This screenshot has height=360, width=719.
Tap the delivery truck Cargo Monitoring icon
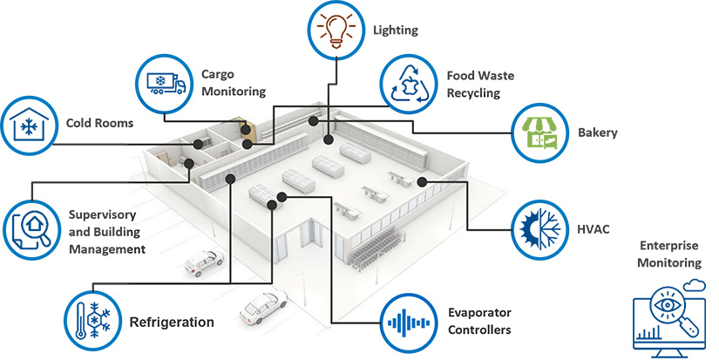(x=163, y=83)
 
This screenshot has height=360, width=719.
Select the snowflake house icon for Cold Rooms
(x=29, y=124)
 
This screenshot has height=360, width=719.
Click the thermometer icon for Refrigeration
(x=92, y=321)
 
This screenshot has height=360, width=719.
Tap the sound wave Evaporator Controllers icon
(x=410, y=323)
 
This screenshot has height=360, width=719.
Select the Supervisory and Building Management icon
(x=32, y=229)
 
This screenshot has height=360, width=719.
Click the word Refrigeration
(x=172, y=323)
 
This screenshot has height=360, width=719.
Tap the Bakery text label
(x=597, y=133)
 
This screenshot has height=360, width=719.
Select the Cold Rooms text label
(x=99, y=123)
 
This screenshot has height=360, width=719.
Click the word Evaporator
(x=479, y=313)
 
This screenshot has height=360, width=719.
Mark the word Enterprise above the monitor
(x=668, y=246)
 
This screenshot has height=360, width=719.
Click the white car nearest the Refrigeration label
(x=261, y=305)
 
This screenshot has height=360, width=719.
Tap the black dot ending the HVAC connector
(x=421, y=181)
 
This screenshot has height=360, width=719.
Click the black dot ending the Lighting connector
(x=328, y=139)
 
